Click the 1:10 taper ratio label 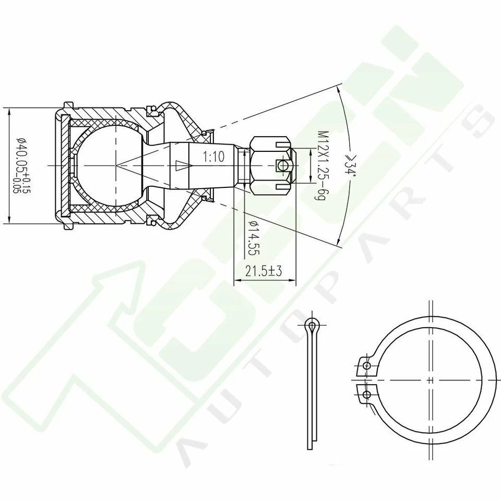coord(212,157)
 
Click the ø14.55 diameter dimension coord(254,237)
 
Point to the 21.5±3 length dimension coord(263,271)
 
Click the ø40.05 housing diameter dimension coord(21,166)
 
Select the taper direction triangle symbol coord(181,166)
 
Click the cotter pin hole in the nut coord(282,165)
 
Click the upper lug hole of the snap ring coord(367,366)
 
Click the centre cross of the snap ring coord(430,379)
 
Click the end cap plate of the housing coord(64,165)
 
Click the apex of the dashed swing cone coord(117,165)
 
